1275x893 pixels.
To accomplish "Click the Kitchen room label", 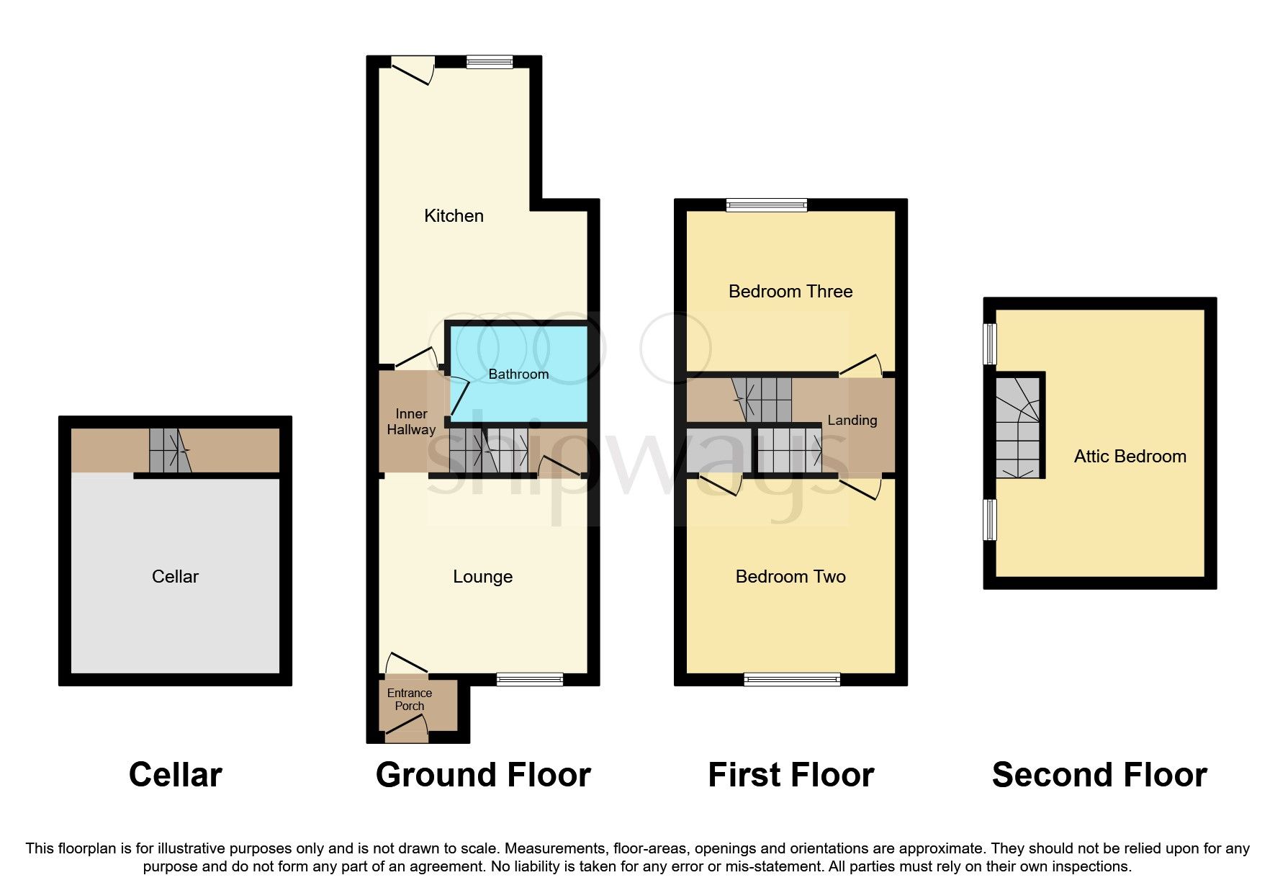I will pos(454,215).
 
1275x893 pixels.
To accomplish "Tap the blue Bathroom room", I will pos(518,392).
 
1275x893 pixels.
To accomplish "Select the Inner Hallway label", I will pos(411,421).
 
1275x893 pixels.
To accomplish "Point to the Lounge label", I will pos(482,576).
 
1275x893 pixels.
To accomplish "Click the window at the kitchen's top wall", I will pos(490,62).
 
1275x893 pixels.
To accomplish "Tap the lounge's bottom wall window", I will pos(530,678).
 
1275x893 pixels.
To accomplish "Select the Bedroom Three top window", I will pos(767,205).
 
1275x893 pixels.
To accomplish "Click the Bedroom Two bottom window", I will pos(792,678).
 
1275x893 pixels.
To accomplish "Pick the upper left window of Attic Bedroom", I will pos(991,344).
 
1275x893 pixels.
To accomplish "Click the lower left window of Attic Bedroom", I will pos(991,519).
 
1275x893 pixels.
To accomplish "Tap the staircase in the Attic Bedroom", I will pos(1018,428).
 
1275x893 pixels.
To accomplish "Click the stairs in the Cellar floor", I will pos(170,451).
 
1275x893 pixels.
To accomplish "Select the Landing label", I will pos(852,420).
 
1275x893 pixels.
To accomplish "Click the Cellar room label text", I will pos(175,576).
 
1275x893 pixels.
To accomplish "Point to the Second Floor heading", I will pos(1099,775).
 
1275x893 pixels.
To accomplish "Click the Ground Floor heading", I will pos(483,775).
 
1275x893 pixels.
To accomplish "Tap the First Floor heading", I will pos(790,775).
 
